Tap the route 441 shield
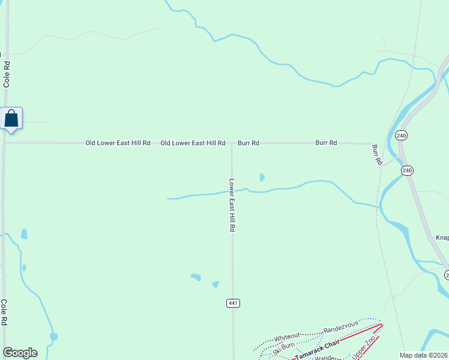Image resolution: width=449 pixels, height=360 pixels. tap(234, 303)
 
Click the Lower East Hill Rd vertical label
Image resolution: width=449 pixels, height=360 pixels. tap(232, 205)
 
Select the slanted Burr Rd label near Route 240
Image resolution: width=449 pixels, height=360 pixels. tap(376, 154)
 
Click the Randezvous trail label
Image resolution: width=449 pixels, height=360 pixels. tap(340, 328)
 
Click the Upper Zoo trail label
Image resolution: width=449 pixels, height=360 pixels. tap(364, 349)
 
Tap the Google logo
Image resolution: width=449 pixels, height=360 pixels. tap(20, 353)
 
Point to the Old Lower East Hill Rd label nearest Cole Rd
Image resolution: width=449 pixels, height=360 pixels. tap(118, 143)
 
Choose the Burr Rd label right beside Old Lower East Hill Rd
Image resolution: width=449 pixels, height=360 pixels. tap(249, 143)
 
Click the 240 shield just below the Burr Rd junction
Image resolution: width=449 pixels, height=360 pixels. tap(408, 170)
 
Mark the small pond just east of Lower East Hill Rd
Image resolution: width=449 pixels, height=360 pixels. tap(262, 177)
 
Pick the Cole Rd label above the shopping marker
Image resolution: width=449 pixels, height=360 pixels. tap(7, 73)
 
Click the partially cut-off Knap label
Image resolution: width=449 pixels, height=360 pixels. tap(442, 238)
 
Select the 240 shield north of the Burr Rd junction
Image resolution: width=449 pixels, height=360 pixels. tap(402, 136)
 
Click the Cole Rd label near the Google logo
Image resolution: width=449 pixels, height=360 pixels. tap(4, 312)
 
